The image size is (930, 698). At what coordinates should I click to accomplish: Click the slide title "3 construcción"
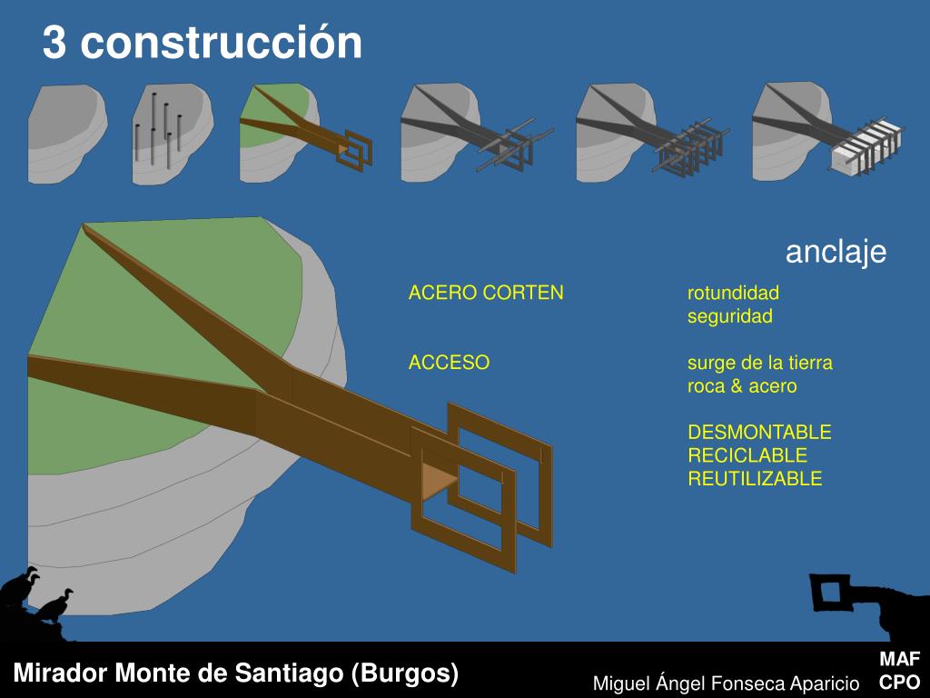coord(202,43)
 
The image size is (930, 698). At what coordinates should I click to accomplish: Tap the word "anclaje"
coord(836,252)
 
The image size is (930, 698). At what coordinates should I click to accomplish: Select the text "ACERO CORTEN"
coord(486,293)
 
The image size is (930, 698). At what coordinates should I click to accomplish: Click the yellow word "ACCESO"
coord(449,363)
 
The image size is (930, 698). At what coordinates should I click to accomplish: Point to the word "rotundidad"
coord(733,293)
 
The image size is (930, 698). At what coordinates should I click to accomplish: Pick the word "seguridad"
coord(729,316)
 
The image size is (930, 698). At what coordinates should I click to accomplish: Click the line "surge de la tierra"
coord(759,363)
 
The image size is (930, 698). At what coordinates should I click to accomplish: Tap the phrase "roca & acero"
coord(741,386)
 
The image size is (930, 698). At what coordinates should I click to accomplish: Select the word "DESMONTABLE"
coord(759,432)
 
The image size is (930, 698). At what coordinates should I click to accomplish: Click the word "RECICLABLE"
coord(747,455)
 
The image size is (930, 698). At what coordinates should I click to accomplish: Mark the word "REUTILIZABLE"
coord(754,479)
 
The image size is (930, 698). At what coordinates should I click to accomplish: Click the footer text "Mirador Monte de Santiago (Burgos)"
coord(235,673)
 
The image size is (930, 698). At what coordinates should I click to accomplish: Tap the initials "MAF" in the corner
coord(899,660)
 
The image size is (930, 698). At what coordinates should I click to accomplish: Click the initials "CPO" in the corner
coord(899,682)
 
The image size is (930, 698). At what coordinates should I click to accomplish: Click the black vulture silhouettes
coord(36,596)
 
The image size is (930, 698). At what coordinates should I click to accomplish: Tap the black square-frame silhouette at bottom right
coord(830,593)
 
